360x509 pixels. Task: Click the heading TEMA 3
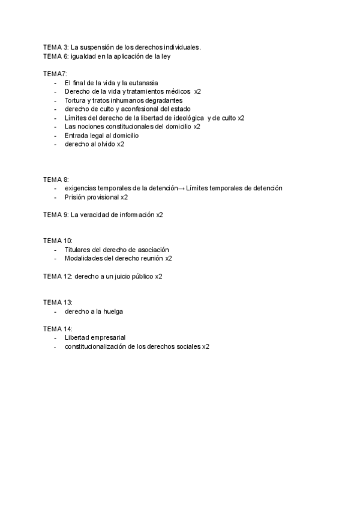pyautogui.click(x=56, y=47)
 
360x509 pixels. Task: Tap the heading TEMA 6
pyautogui.click(x=56, y=56)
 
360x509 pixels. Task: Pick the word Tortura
pyautogui.click(x=77, y=100)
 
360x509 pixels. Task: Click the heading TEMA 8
pyautogui.click(x=56, y=179)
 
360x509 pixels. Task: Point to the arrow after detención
pyautogui.click(x=182, y=188)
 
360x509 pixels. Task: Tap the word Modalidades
pyautogui.click(x=85, y=258)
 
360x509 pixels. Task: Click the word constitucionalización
pyautogui.click(x=95, y=346)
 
